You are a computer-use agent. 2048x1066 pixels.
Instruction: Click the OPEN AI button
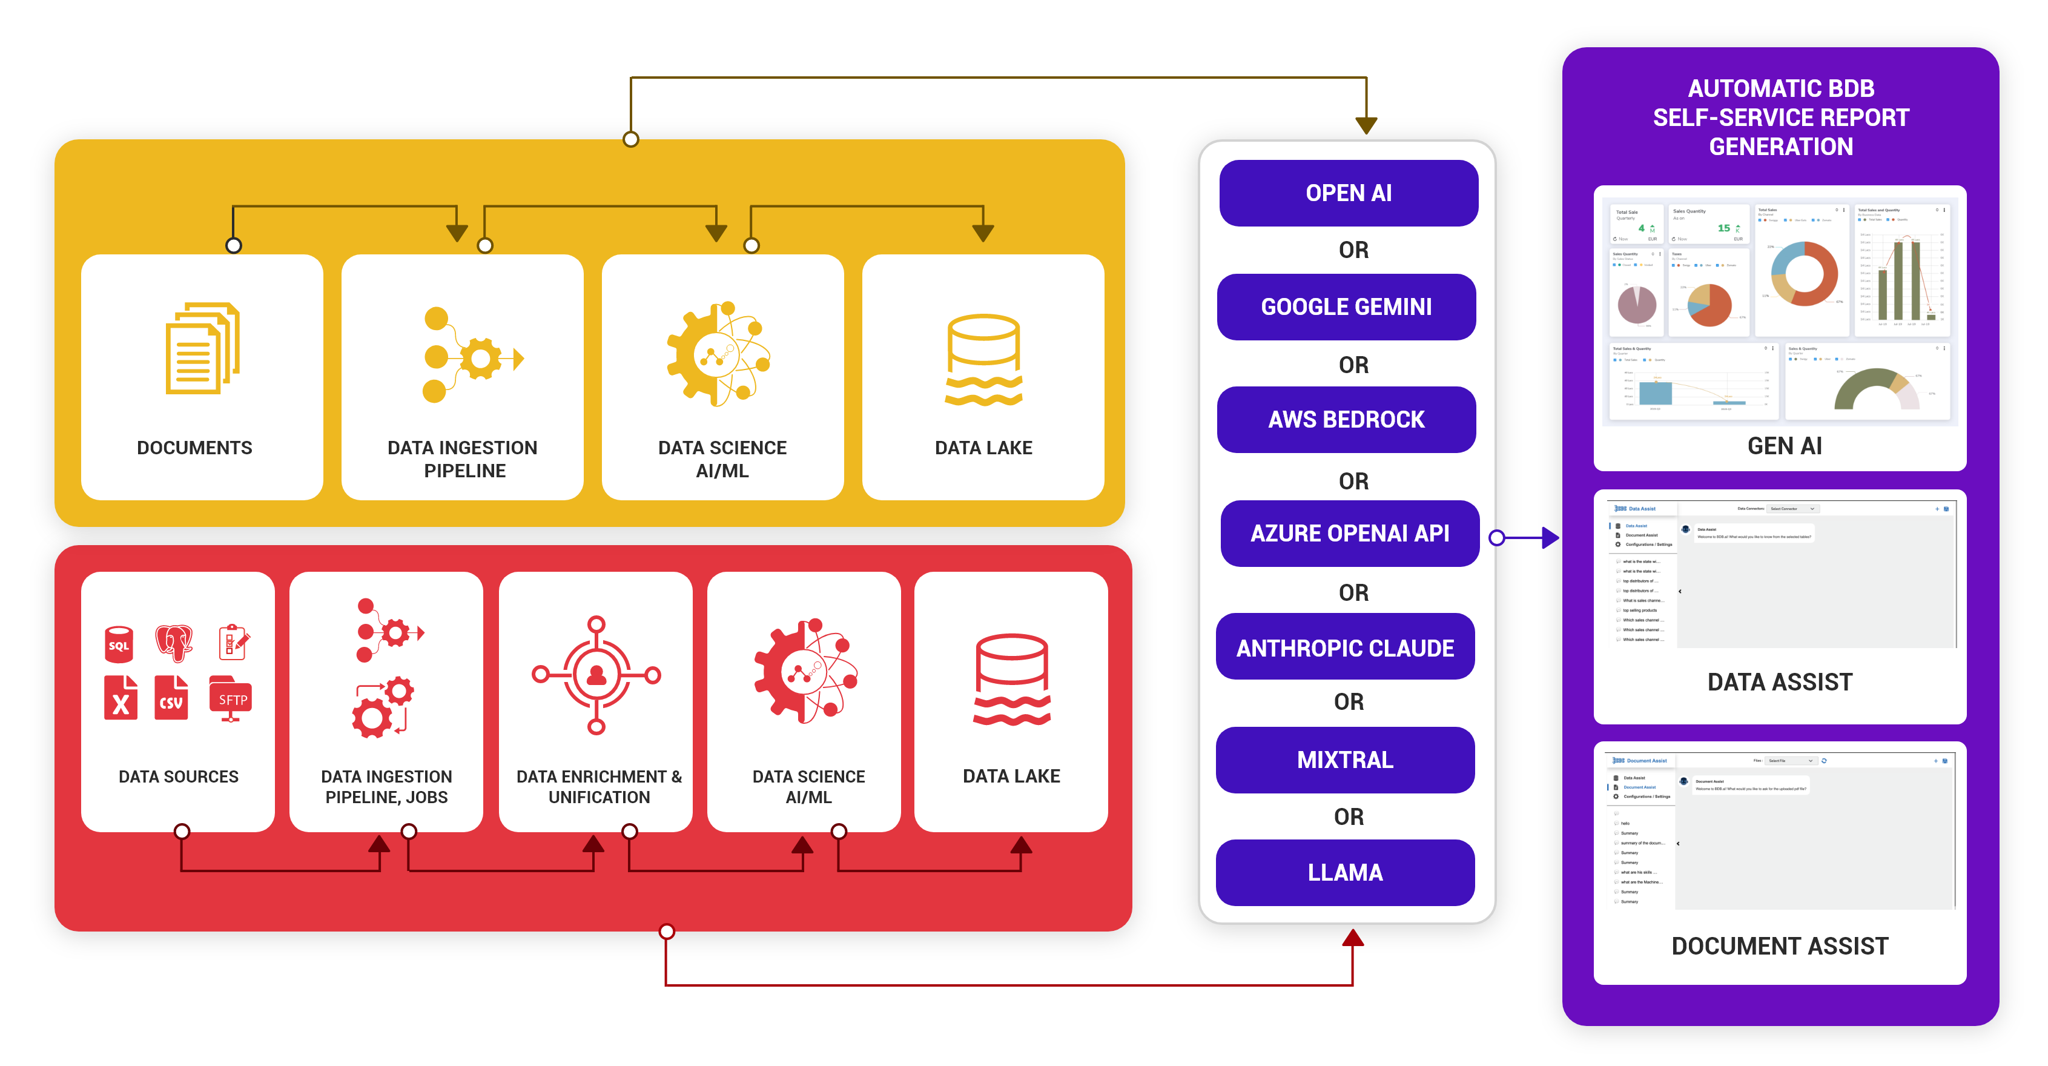coord(1349,193)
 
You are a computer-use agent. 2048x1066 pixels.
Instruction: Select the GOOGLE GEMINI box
coord(1346,307)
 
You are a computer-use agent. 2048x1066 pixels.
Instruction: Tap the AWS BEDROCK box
coord(1346,420)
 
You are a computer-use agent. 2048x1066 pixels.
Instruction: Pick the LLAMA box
coord(1345,872)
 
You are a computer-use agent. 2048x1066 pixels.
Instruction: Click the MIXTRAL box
coord(1345,759)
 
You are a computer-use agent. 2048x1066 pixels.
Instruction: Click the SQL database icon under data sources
coord(119,644)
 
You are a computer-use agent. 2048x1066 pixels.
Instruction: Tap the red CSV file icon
coord(171,698)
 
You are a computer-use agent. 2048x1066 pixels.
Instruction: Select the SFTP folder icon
coord(231,698)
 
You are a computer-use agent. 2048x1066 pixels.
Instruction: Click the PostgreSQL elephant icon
coord(174,642)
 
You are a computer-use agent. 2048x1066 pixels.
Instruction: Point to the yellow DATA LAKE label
coord(983,448)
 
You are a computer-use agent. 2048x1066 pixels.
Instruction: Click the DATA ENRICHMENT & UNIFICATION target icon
coord(596,674)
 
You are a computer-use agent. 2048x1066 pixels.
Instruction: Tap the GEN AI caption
coord(1784,446)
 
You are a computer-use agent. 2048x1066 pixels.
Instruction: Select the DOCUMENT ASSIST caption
coord(1779,946)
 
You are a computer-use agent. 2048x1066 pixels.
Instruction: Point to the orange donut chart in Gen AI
coord(1804,274)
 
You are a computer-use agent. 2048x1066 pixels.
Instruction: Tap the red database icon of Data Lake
coord(1011,680)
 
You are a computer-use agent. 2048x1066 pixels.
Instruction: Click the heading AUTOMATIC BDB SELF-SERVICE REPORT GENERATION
coord(1781,118)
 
